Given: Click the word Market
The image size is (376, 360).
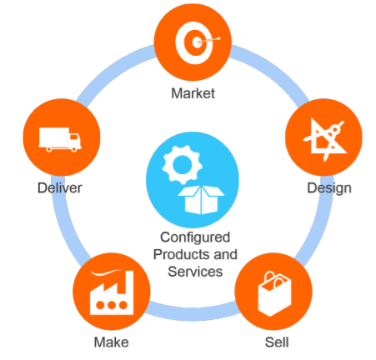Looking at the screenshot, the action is coord(193,93).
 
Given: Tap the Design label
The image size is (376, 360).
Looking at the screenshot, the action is coord(329,188).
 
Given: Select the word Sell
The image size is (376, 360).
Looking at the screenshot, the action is coord(277,342).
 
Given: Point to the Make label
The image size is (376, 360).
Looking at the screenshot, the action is coord(111,342).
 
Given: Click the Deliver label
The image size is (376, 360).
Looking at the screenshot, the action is coord(60,188).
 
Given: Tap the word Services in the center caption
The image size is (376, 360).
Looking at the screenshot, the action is coord(195,272).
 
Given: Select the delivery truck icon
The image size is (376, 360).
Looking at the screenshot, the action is coord(60,139).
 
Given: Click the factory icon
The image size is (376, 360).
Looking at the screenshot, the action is coord(112,292).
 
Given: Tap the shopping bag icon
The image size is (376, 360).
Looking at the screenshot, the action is coord(274,293).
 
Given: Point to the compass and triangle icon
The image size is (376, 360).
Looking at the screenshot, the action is coord(325,140).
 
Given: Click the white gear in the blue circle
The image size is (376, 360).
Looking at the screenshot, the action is coord(183,165).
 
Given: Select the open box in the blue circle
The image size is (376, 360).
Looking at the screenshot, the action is coord(201,200).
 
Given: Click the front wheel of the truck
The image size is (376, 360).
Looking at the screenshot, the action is coord(74,149).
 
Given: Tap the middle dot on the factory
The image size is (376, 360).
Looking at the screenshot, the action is coord(112,305).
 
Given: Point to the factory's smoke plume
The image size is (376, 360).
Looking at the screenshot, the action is coord(106,272).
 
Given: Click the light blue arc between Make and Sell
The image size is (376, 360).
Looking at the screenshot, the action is coord(193,313).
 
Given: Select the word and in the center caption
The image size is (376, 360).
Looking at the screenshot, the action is coord(225,254).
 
